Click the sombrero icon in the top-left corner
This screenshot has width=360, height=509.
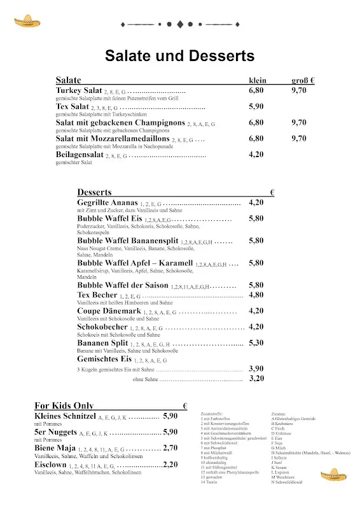pyautogui.click(x=25, y=23)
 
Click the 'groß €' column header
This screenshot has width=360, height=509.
pyautogui.click(x=303, y=81)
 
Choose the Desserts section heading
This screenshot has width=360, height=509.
pyautogui.click(x=94, y=192)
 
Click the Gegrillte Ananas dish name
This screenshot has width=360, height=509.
pyautogui.click(x=112, y=202)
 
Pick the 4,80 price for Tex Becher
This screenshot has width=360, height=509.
pyautogui.click(x=256, y=295)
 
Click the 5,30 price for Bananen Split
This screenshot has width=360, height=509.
pyautogui.click(x=256, y=342)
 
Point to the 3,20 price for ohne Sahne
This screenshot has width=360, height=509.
pyautogui.click(x=256, y=378)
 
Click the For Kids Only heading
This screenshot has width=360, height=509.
pyautogui.click(x=64, y=405)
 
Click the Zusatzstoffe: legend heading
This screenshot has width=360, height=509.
pyautogui.click(x=212, y=414)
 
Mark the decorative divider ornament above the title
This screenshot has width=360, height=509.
pyautogui.click(x=179, y=24)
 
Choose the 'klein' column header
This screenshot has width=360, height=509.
pyautogui.click(x=257, y=81)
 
